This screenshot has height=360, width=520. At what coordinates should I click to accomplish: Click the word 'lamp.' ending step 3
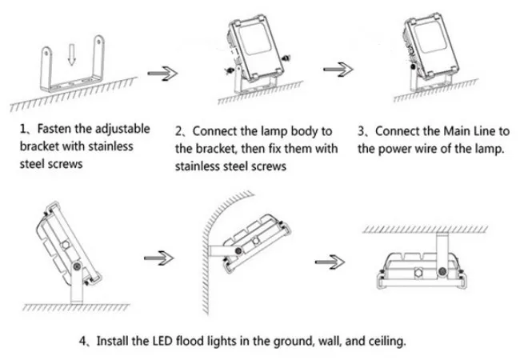pos(486,149)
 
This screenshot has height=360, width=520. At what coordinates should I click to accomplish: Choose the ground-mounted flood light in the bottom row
pos(65,250)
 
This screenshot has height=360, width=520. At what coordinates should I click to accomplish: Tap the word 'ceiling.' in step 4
pos(385,340)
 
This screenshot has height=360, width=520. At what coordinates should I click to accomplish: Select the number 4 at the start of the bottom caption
pos(83,340)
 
